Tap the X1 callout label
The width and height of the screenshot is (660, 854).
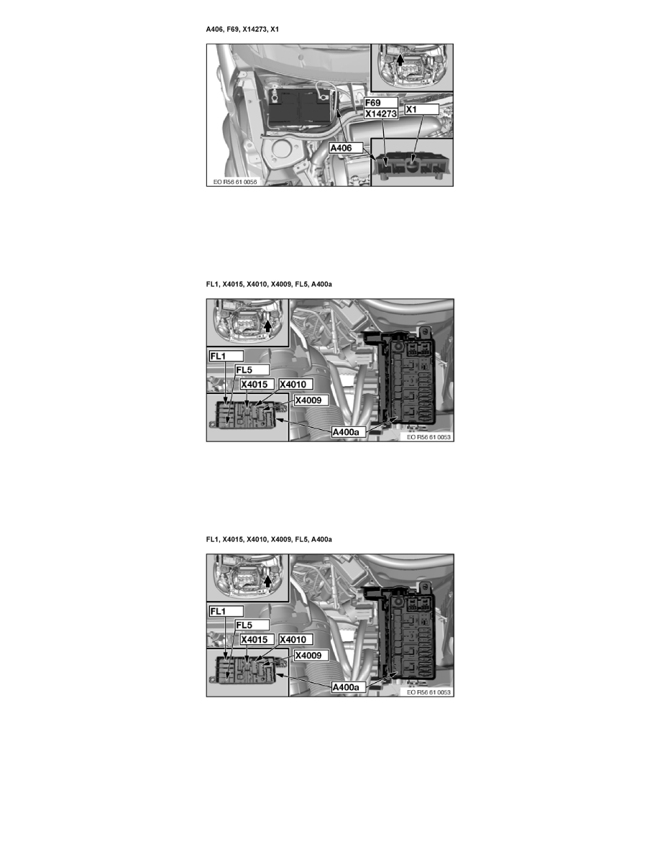(x=412, y=109)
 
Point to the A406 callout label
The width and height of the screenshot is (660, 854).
(x=345, y=148)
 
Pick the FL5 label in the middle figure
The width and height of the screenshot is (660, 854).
(x=245, y=370)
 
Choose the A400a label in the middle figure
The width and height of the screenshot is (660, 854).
(x=349, y=432)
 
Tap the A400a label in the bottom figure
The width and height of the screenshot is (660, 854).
(x=349, y=687)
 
